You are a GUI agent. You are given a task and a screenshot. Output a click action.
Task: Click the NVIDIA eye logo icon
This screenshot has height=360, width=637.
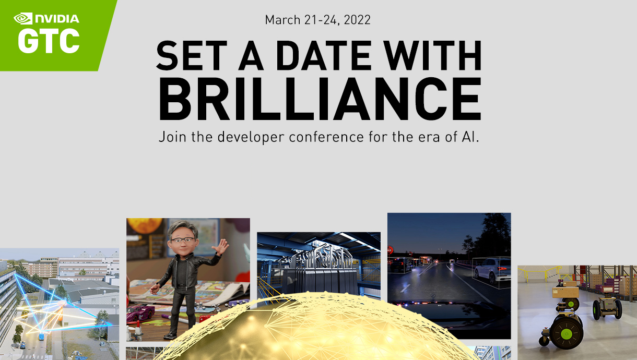click(23, 18)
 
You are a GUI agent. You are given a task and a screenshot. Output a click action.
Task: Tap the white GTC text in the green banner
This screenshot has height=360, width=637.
click(49, 41)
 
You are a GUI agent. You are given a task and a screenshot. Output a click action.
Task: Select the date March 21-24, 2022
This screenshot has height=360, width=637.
click(317, 20)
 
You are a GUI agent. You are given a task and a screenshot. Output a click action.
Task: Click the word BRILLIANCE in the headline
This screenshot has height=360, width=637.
click(320, 99)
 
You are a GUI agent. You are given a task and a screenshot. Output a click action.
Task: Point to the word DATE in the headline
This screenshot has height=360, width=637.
click(324, 55)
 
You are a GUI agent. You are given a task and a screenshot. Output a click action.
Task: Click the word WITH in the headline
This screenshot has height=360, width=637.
click(432, 55)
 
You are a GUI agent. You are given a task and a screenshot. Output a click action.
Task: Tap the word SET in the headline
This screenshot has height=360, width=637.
click(192, 55)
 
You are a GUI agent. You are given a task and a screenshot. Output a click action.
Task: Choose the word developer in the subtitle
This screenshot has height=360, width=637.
click(251, 137)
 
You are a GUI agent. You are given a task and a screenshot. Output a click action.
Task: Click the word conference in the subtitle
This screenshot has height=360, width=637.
click(326, 137)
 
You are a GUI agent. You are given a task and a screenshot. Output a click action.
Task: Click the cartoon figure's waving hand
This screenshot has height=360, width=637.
click(220, 246)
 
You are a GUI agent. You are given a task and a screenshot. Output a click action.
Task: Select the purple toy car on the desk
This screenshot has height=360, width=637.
click(140, 313)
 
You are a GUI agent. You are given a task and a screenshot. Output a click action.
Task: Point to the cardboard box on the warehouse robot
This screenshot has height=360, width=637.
click(565, 292)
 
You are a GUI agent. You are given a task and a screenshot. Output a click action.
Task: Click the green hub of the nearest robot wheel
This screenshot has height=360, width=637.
click(566, 334)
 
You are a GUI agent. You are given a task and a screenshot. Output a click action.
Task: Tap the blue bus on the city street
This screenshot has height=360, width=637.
click(42, 336)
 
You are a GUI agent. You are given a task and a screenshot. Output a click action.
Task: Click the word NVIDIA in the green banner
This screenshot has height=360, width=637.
click(57, 19)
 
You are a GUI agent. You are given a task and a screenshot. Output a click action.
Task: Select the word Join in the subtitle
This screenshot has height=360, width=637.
click(173, 137)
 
